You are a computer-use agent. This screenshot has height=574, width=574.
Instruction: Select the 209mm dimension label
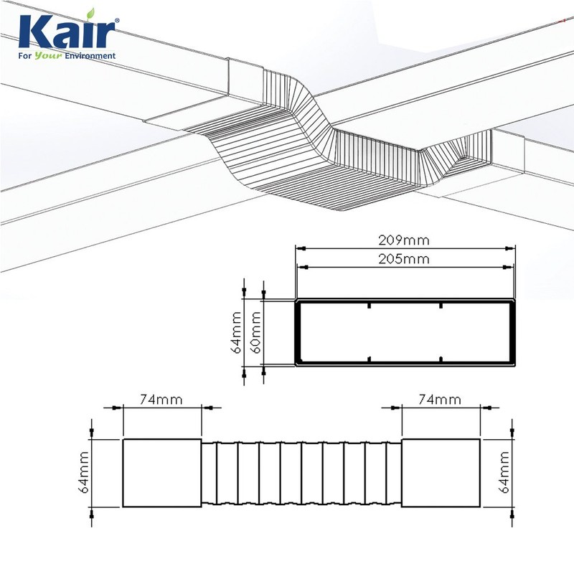[406, 240]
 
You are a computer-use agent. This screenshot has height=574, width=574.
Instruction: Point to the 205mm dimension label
[406, 259]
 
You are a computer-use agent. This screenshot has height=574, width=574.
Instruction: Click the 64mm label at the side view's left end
[84, 473]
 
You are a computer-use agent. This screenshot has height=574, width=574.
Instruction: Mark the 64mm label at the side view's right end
[505, 473]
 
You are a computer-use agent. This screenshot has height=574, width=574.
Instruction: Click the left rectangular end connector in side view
[162, 473]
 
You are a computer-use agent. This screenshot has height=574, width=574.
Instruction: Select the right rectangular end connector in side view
[440, 473]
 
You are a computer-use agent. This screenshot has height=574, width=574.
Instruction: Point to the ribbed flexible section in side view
[301, 473]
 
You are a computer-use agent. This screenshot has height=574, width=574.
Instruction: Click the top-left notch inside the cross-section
[369, 306]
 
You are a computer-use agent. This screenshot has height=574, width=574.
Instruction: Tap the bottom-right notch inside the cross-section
[441, 359]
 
